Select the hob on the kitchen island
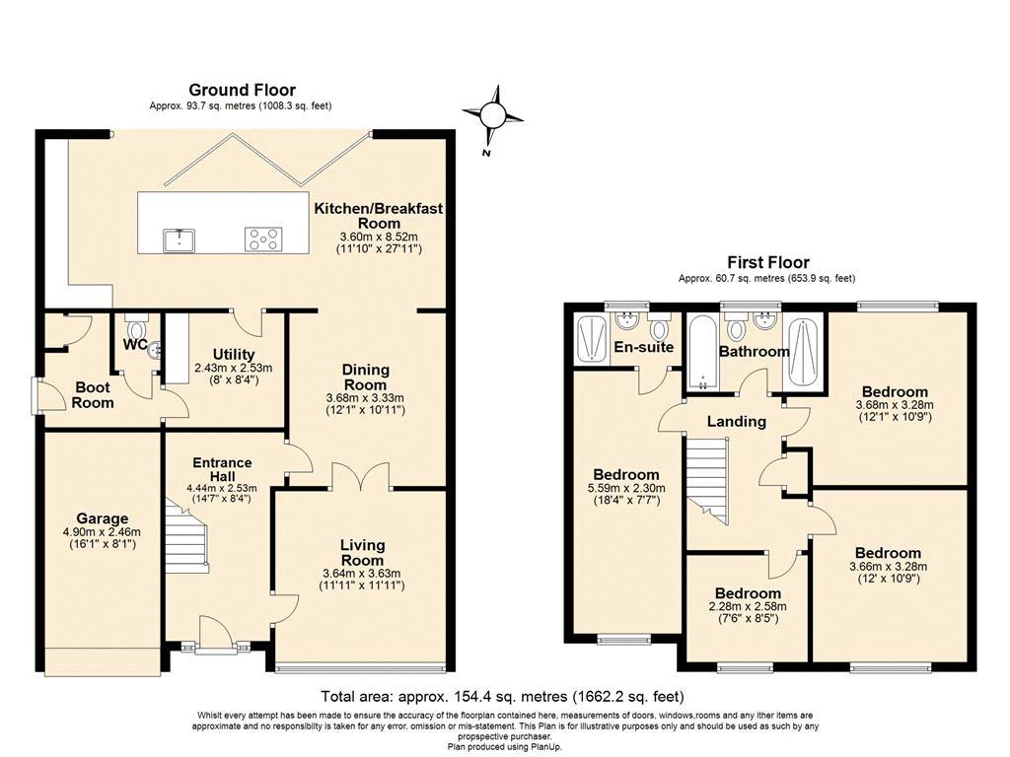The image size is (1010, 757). click(262, 239)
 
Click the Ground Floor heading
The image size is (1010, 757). click(243, 90)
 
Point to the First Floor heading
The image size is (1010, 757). click(767, 262)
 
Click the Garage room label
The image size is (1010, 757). click(102, 518)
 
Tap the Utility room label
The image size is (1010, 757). click(234, 355)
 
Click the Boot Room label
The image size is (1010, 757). click(93, 395)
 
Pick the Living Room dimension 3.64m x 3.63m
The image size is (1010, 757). click(361, 574)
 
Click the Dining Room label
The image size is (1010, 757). click(365, 378)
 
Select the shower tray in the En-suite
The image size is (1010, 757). click(591, 339)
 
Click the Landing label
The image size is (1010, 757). click(736, 422)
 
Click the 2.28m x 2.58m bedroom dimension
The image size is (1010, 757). click(748, 606)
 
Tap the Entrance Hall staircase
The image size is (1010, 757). click(186, 535)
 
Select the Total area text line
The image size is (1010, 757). click(502, 697)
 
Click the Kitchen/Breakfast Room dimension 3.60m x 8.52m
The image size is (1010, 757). click(379, 237)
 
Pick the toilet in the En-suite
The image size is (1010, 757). click(659, 327)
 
